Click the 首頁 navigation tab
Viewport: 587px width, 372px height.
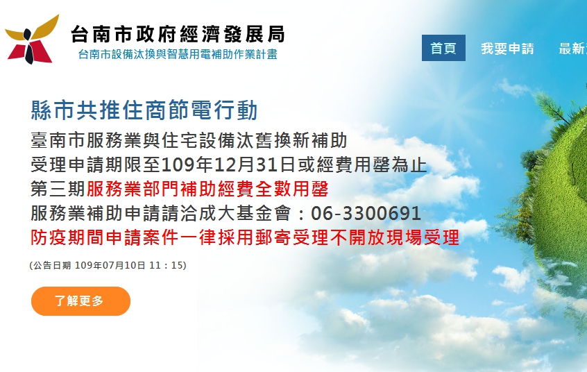click(x=443, y=48)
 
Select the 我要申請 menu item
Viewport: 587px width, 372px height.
click(x=508, y=49)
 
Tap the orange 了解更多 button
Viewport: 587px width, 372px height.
click(x=80, y=301)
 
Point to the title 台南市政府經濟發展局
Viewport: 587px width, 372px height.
click(x=178, y=34)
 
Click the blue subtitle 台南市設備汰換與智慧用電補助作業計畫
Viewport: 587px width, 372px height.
click(x=178, y=54)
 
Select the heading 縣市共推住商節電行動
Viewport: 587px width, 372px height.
click(x=144, y=110)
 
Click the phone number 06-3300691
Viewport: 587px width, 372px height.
click(x=366, y=214)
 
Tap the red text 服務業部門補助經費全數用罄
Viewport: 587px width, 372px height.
click(x=207, y=189)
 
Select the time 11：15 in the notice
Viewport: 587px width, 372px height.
click(x=165, y=265)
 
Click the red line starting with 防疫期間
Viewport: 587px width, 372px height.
click(x=245, y=237)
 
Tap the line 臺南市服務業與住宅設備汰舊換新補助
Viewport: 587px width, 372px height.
click(x=189, y=140)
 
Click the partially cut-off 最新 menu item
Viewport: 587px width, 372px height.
click(x=572, y=49)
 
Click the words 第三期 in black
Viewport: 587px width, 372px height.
click(x=58, y=189)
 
